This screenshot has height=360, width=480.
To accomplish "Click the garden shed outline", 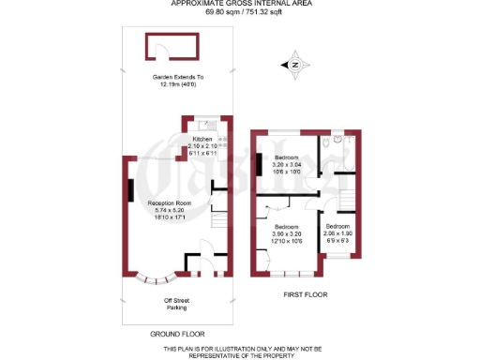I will coord(170,46).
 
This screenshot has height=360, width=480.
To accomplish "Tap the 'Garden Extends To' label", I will coord(178,77).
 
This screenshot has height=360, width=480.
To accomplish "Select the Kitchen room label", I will coord(202,139).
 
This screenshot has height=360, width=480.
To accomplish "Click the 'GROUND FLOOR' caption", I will coord(177,333).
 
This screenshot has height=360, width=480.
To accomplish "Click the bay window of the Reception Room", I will coord(156,278).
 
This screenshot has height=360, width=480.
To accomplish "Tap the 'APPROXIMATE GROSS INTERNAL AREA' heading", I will coord(240,4).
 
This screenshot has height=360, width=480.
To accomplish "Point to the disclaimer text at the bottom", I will coord(240,352).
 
